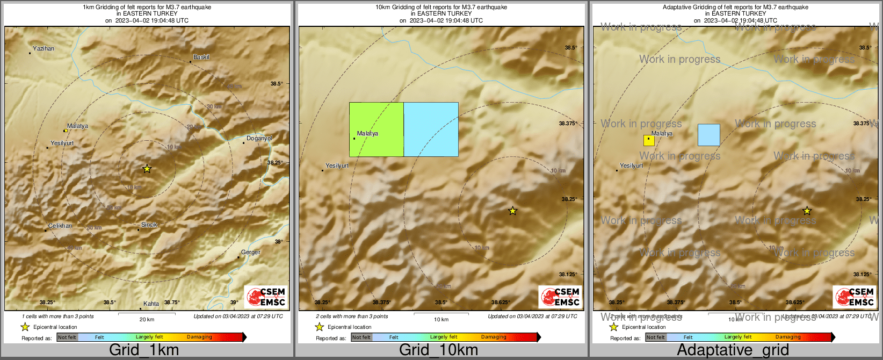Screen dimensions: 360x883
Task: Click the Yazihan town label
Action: (x=44, y=49)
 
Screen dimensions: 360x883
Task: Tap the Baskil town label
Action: (x=201, y=57)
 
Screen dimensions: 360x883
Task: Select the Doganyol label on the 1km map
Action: (x=259, y=139)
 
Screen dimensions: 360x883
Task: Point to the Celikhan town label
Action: (x=60, y=226)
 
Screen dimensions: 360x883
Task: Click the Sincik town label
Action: (x=149, y=225)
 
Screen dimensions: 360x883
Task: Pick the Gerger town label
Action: (x=250, y=253)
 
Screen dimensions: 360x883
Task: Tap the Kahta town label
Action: (x=151, y=304)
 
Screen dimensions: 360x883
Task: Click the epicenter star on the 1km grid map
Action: (x=147, y=169)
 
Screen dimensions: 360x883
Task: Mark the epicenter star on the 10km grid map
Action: (x=512, y=211)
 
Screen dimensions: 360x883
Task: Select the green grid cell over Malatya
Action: (x=376, y=129)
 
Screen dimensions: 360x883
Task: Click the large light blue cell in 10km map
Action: (x=431, y=129)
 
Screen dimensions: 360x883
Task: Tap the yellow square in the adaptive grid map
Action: (x=649, y=141)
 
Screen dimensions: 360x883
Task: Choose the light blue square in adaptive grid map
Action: (x=708, y=135)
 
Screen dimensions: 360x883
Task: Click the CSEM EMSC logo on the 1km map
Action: (x=265, y=297)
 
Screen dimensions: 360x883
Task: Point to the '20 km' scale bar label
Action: (x=147, y=320)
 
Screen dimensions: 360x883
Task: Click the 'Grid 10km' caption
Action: (x=438, y=350)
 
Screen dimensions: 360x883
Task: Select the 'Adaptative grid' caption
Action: (x=733, y=350)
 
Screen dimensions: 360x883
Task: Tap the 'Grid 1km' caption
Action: (x=144, y=350)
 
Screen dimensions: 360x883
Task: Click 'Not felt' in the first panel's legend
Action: (x=67, y=337)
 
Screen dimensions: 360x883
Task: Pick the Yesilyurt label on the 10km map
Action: (x=337, y=166)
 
